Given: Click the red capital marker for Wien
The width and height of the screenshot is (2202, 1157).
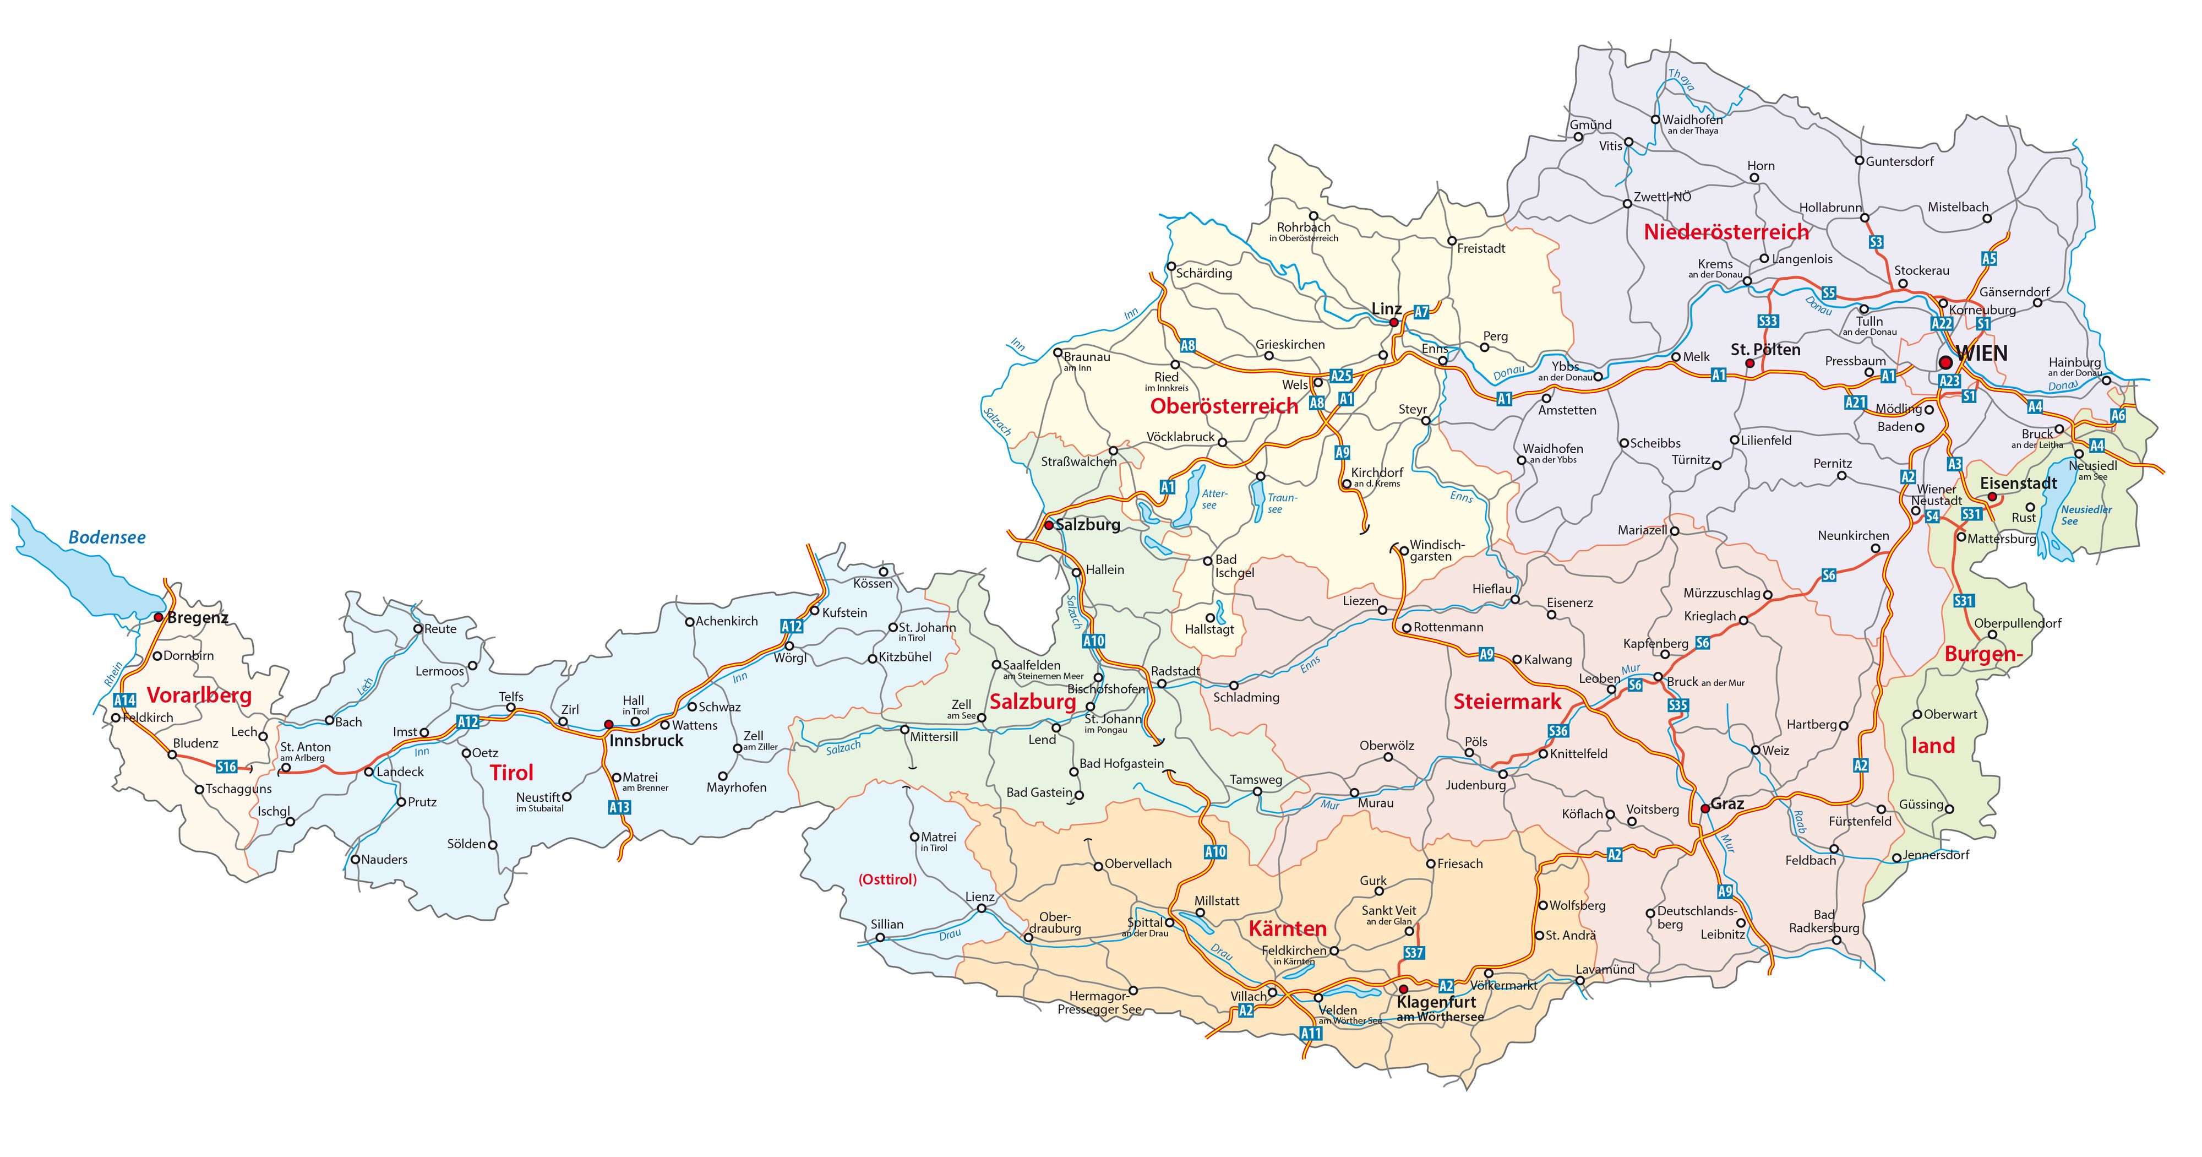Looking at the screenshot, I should (1945, 362).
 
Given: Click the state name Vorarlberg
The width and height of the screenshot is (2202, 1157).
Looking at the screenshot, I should (199, 694).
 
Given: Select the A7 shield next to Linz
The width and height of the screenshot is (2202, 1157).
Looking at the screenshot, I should (1421, 313).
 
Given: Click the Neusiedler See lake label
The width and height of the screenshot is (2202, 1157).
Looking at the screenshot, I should (2086, 515).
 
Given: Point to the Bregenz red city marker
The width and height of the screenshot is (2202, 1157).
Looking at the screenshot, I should (158, 617).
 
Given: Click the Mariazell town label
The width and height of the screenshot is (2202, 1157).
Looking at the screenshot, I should (1642, 530).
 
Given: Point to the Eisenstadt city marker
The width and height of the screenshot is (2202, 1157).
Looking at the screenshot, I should (1992, 497).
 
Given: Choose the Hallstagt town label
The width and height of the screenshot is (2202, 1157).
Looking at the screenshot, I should (1209, 629).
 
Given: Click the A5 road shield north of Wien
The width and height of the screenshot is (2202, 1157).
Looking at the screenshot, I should (1989, 258).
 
